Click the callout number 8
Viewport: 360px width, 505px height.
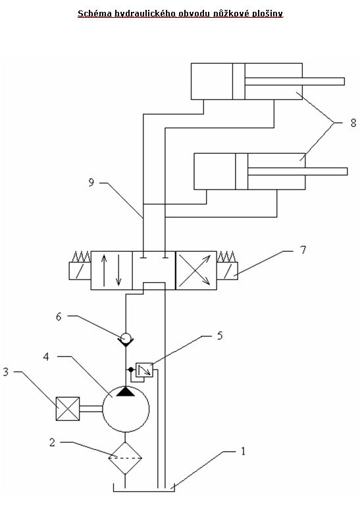click(353, 123)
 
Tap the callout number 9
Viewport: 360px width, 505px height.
click(91, 182)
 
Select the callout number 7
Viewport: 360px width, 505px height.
click(303, 250)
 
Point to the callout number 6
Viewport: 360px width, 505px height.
click(59, 316)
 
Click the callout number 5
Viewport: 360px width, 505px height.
click(220, 335)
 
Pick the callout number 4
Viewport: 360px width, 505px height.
click(46, 356)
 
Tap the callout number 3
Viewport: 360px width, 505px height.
click(6, 372)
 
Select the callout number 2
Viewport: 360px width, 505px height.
click(52, 443)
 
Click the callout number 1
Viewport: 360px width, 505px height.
click(244, 451)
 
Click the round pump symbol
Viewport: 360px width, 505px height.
click(126, 408)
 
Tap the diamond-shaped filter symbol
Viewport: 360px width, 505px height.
click(125, 458)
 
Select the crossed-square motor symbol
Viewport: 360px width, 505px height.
click(68, 409)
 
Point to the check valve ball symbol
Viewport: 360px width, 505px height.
click(125, 338)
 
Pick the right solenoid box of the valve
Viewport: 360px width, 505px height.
click(228, 270)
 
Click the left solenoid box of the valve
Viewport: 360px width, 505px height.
click(80, 270)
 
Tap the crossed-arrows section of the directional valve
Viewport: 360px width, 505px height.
click(196, 270)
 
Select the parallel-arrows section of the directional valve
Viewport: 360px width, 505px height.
click(111, 270)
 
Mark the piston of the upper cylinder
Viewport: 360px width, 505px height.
click(238, 81)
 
